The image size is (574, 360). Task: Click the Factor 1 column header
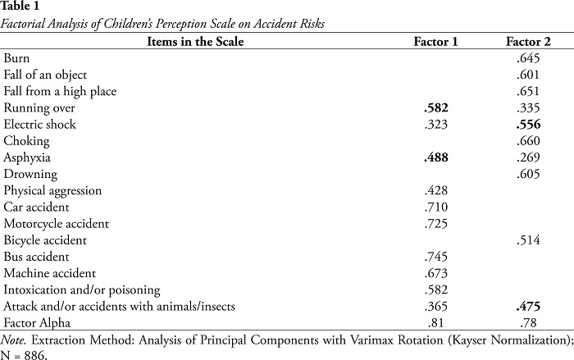click(435, 42)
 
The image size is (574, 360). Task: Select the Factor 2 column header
click(528, 42)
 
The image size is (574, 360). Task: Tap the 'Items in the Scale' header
click(195, 42)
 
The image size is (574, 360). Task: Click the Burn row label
click(16, 58)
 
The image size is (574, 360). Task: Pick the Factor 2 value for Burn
click(528, 58)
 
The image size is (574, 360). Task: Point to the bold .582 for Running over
click(436, 107)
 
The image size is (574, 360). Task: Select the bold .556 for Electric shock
click(528, 125)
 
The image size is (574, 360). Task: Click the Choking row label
click(26, 141)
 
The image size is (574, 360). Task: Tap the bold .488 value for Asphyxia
click(436, 157)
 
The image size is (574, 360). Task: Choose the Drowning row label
click(30, 175)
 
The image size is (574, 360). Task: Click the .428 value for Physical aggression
click(436, 190)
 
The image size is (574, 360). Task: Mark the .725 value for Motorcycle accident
click(436, 223)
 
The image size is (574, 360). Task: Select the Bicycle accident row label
click(45, 240)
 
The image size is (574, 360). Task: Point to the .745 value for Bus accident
click(436, 257)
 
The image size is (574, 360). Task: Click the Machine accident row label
click(49, 273)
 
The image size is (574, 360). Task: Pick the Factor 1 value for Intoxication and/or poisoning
click(436, 289)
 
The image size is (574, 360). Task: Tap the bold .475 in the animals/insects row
click(528, 306)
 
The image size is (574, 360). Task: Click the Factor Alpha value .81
click(435, 322)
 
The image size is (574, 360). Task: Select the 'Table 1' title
click(20, 6)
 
